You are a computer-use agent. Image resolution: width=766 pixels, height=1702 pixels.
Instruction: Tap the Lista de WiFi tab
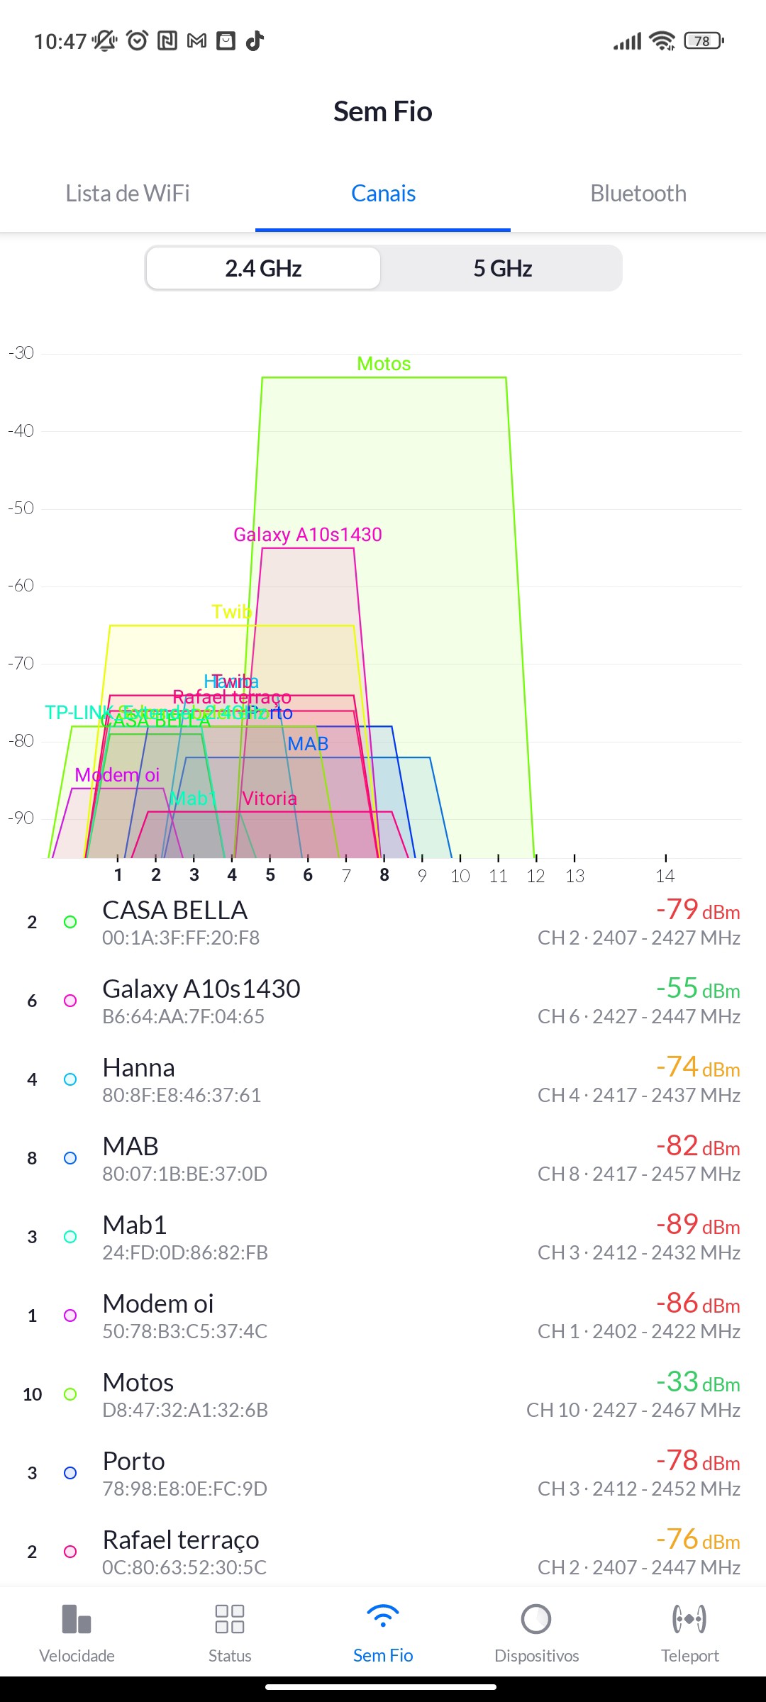(128, 194)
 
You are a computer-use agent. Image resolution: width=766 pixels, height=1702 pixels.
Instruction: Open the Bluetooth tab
(638, 194)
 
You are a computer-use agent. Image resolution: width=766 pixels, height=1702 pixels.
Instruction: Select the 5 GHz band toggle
(502, 269)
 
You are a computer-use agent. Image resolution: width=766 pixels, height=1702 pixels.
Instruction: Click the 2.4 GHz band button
(263, 269)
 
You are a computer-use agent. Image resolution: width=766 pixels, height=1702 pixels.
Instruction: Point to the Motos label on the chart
(384, 364)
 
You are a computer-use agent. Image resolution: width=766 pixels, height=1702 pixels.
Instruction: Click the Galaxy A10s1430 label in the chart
(308, 535)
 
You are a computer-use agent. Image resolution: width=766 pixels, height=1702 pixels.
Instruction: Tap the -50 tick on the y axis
(21, 508)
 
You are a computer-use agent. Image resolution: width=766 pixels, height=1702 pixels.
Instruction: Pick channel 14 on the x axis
(665, 876)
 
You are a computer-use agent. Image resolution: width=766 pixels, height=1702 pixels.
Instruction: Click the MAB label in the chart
(308, 744)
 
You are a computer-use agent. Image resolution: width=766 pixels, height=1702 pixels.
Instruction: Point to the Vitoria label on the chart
(269, 799)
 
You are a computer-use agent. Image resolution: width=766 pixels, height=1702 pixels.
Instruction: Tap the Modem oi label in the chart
(117, 775)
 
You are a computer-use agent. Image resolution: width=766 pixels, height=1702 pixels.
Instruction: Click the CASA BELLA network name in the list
(174, 911)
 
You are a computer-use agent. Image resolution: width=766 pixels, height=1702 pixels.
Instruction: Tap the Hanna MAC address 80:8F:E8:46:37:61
(182, 1096)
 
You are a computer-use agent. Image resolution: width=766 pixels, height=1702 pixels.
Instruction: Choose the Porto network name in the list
(133, 1462)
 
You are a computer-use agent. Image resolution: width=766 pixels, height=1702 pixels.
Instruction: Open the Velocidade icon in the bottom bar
(77, 1620)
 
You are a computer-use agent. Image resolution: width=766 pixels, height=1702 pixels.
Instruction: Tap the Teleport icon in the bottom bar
(689, 1620)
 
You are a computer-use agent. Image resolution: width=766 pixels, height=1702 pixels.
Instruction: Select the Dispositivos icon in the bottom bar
(536, 1620)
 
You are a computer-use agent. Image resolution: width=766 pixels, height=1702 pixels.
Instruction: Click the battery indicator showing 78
(703, 41)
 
